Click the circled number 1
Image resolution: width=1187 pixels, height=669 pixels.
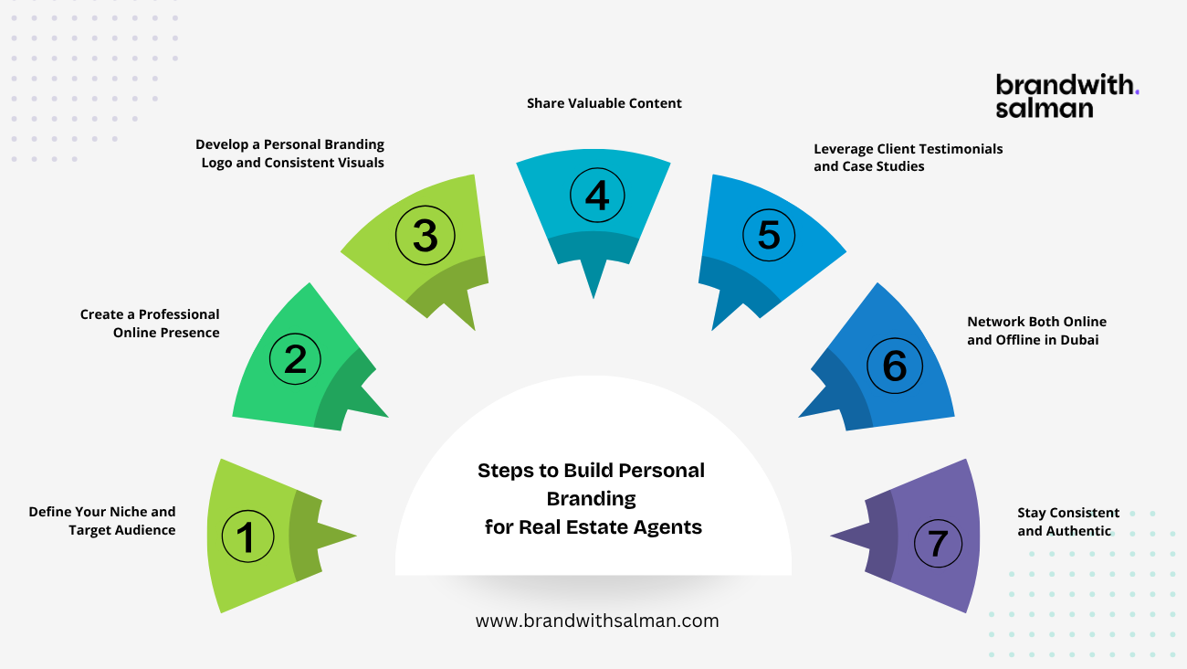point(247,536)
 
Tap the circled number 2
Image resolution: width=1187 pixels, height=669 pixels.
point(295,358)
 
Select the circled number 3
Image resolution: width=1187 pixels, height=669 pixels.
point(425,235)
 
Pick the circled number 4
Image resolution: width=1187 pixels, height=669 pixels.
point(597,196)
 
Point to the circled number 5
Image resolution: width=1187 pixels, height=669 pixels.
point(769,235)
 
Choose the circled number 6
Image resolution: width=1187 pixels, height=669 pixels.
point(895,366)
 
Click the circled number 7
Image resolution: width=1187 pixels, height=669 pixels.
point(938,543)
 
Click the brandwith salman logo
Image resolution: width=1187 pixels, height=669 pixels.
point(1067,95)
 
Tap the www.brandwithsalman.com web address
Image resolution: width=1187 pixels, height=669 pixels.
point(597,621)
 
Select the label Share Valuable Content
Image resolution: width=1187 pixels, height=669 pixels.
point(604,103)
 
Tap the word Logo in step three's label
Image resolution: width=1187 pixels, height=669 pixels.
point(216,163)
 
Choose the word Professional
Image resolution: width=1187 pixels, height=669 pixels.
point(179,314)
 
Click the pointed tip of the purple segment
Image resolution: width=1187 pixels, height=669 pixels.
point(830,536)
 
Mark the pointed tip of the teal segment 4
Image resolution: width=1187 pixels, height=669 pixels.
point(593,299)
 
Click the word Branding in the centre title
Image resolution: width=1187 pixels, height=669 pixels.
point(592,499)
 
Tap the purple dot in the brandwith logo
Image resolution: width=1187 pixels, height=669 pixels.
point(1137,93)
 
